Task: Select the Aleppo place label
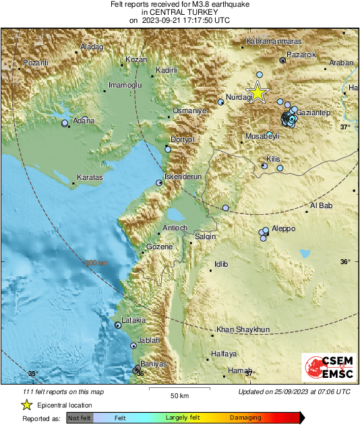[x=283, y=229]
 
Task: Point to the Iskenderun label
[x=183, y=176]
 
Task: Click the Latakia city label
[x=133, y=320]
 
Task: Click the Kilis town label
[x=273, y=159]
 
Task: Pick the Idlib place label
[x=221, y=263]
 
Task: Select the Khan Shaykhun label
[x=243, y=329]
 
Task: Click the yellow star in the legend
[x=26, y=405]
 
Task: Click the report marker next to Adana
[x=65, y=123]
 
